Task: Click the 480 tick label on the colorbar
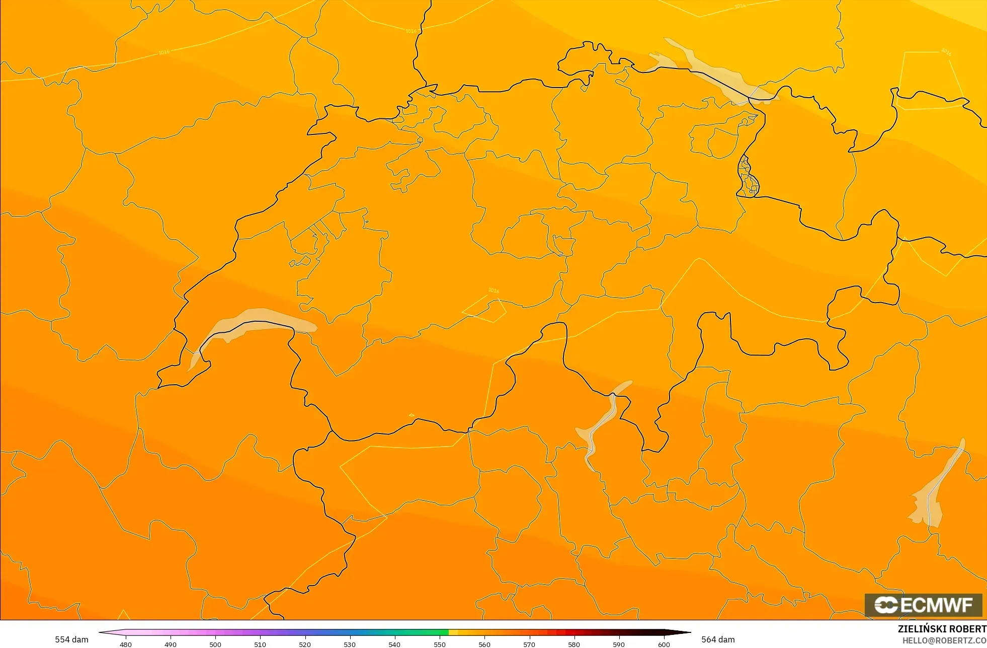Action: [126, 644]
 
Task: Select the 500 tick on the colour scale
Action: [215, 644]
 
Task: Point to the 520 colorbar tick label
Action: [305, 644]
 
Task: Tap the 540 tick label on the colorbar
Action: [394, 644]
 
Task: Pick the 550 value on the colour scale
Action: [440, 644]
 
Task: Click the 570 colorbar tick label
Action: [529, 644]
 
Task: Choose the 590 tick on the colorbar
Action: [619, 644]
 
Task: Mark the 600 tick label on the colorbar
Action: [664, 644]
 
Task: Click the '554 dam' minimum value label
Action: [71, 639]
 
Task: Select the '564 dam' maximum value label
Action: [718, 639]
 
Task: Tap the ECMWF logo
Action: [923, 605]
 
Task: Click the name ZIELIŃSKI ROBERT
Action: [942, 629]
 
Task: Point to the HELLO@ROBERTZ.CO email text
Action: [944, 640]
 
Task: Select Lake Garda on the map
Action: [931, 498]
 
